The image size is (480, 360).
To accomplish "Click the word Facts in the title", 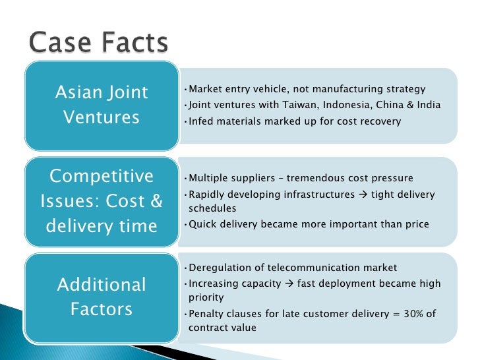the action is click(136, 44).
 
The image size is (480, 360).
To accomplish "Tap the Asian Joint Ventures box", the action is click(102, 105).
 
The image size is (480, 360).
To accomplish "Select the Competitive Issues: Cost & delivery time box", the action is click(102, 201).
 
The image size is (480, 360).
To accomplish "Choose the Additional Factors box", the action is click(102, 297).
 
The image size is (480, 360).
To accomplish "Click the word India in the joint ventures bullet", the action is click(428, 105).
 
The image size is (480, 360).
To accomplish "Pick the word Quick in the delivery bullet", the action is click(201, 224).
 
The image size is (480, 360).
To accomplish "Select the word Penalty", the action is click(205, 314).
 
